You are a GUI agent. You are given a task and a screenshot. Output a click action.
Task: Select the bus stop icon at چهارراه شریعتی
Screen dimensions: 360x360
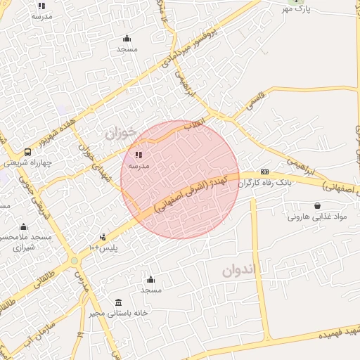point(27,152)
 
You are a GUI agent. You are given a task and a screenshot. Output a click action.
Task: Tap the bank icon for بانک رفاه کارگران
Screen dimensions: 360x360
point(264,172)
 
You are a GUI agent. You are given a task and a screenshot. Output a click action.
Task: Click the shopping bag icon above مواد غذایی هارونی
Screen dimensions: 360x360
point(318,206)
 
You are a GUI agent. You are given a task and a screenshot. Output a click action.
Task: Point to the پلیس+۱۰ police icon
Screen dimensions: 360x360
point(103,237)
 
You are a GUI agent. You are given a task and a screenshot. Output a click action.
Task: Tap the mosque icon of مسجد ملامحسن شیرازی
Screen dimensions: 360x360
point(24,226)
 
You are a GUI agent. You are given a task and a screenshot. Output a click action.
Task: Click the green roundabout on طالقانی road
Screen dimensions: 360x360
point(74,262)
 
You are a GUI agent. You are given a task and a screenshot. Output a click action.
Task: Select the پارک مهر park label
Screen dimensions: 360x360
point(297,8)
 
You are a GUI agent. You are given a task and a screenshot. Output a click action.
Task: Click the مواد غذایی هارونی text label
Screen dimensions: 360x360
point(318,217)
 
